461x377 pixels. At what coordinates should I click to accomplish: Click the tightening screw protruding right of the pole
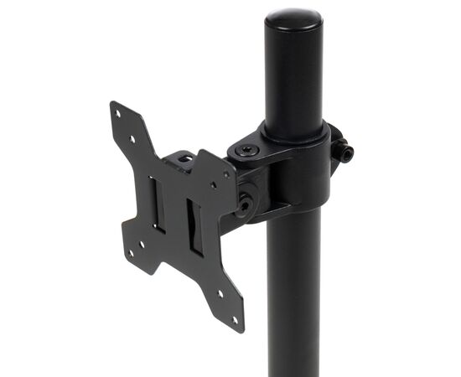click(344, 152)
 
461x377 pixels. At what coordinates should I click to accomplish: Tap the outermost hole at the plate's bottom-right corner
click(234, 318)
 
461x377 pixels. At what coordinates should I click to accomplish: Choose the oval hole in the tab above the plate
click(187, 159)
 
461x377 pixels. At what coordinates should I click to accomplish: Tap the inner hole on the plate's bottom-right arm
click(220, 294)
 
